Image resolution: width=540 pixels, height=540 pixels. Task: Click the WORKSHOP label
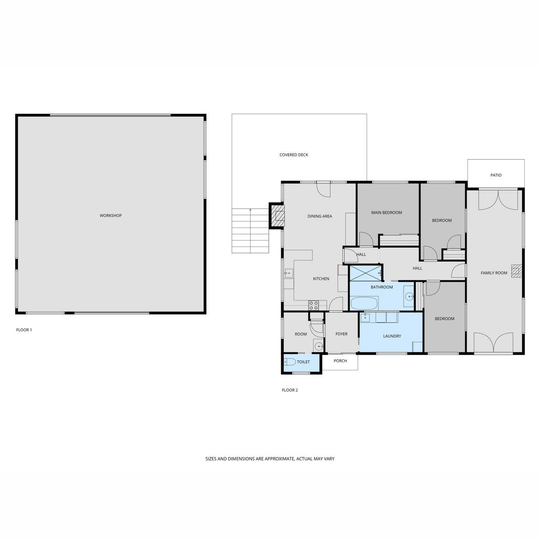111,216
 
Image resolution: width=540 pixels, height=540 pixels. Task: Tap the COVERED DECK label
294,155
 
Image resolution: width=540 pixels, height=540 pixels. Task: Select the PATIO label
496,175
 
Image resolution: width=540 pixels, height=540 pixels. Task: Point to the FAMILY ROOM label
494,273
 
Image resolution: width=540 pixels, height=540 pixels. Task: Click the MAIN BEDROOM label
387,213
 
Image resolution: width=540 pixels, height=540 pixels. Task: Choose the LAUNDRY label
392,336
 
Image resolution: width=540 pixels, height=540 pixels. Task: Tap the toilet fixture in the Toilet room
290,362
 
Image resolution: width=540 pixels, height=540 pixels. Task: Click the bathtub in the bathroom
364,303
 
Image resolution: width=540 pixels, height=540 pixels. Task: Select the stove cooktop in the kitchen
313,305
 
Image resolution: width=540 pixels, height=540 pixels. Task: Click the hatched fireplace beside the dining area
277,216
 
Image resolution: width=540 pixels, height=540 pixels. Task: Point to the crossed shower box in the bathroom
365,273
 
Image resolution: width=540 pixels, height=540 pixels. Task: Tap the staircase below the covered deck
250,231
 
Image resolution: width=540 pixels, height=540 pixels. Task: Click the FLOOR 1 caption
24,330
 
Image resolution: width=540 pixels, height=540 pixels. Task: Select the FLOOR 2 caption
290,390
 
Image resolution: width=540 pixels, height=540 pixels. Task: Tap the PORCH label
340,361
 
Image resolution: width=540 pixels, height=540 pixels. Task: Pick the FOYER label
341,334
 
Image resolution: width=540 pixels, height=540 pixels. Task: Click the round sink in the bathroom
409,296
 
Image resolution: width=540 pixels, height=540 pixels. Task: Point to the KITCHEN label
321,279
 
